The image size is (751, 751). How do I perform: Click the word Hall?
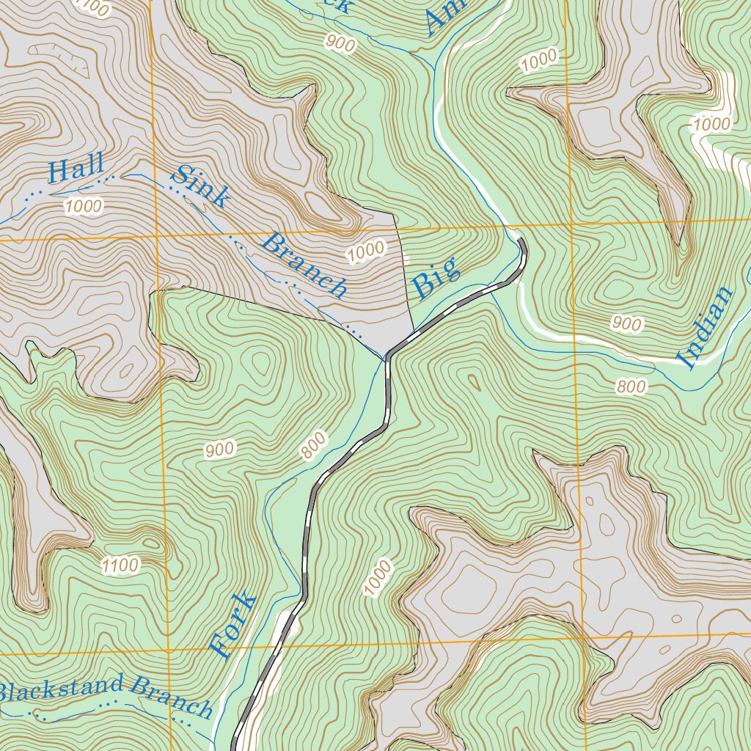[x=76, y=169]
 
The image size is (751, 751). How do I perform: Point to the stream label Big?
[x=437, y=278]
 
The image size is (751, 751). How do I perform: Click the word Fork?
[x=234, y=625]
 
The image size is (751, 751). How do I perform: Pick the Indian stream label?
[x=706, y=327]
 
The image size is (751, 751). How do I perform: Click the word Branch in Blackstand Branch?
[x=172, y=697]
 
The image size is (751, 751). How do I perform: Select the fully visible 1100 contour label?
[x=120, y=565]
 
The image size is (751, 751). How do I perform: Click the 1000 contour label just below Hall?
[x=83, y=207]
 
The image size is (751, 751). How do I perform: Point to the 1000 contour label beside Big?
[x=366, y=252]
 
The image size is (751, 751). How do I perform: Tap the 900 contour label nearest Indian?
[x=626, y=324]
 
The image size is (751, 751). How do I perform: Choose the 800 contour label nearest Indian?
[x=631, y=387]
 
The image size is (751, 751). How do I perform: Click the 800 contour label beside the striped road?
[x=313, y=447]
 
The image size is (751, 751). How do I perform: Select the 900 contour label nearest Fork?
[x=220, y=450]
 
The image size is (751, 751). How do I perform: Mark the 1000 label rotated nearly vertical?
[x=378, y=577]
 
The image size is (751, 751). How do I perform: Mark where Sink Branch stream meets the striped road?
[x=386, y=359]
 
